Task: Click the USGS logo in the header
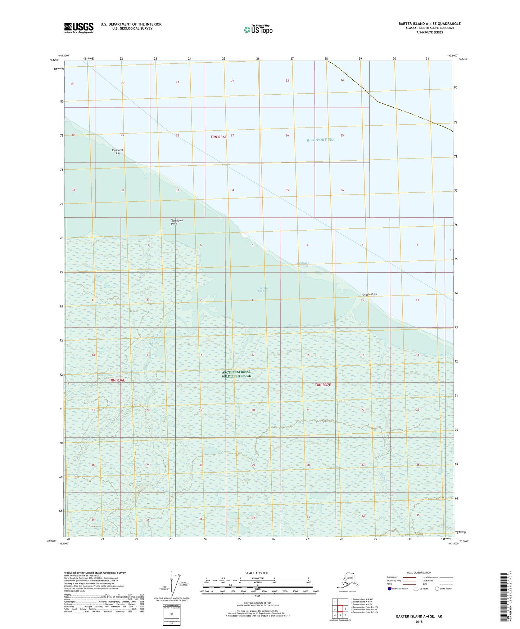pos(78,28)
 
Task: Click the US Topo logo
pos(258,30)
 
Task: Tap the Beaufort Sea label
pos(320,140)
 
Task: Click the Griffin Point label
pos(370,294)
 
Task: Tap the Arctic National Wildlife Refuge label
pos(236,374)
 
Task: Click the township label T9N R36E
pos(218,137)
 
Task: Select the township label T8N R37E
pos(322,385)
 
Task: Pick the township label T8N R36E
pos(117,380)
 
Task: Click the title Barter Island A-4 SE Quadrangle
pos(429,24)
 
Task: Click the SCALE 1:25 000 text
pos(257,573)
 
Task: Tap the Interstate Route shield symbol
pos(389,589)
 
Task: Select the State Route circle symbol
pos(437,589)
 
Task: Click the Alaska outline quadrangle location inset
pos(347,581)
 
